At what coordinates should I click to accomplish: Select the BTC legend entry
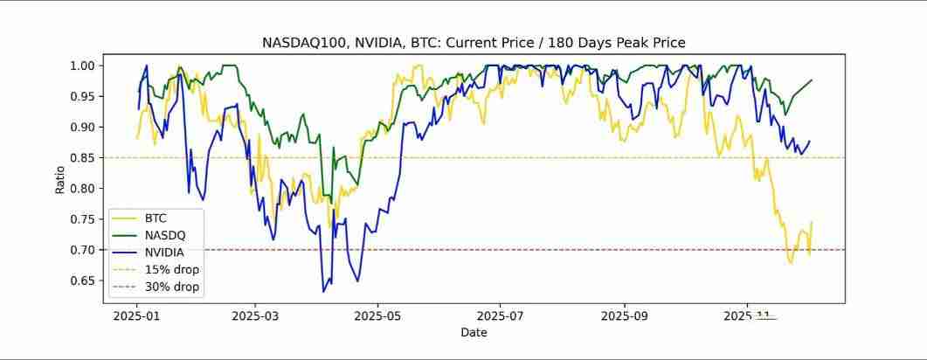[x=156, y=218]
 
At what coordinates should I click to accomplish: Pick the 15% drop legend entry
[x=172, y=269]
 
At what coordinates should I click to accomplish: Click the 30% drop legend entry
[x=172, y=286]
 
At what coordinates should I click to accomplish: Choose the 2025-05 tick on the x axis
[x=380, y=315]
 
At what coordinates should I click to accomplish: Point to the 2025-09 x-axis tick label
[x=626, y=315]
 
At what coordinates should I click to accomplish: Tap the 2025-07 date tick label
[x=502, y=315]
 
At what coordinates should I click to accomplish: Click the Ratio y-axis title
[x=60, y=179]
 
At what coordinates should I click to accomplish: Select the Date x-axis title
[x=474, y=332]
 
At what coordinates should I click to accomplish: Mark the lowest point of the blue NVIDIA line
[x=323, y=291]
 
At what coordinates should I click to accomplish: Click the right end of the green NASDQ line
[x=812, y=80]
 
